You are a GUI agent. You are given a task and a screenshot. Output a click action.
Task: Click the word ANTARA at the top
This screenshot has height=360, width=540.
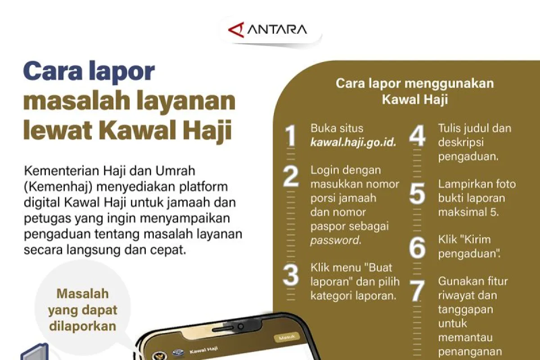point(277,29)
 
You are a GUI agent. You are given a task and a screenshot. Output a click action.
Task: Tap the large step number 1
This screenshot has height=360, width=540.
point(291,135)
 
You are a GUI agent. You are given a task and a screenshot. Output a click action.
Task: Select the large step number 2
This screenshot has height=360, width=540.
point(291,176)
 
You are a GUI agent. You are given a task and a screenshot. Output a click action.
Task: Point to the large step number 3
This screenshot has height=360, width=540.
point(291,275)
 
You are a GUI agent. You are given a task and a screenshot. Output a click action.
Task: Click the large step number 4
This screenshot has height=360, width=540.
point(417,135)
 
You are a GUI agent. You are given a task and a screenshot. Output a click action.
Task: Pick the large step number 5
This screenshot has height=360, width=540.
point(417,193)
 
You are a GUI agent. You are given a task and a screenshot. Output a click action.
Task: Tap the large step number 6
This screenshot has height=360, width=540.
point(417,247)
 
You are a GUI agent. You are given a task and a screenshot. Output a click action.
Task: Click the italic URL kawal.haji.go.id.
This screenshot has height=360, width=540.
point(353,143)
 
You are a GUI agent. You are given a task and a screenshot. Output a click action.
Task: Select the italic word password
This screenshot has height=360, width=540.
point(336,240)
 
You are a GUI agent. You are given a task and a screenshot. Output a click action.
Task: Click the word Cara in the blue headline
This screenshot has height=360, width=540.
point(53,71)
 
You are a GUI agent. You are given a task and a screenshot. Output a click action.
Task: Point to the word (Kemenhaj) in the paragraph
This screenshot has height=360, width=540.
point(58,187)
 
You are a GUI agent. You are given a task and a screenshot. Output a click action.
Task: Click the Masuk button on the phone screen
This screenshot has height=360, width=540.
point(287,337)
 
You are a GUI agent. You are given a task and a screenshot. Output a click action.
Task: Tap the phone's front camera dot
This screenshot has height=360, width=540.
point(240,327)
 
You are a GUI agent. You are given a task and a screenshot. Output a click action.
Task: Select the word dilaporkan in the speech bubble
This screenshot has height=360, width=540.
point(82,326)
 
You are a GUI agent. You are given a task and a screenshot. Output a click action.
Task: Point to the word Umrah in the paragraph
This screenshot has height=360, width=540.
point(175,171)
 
